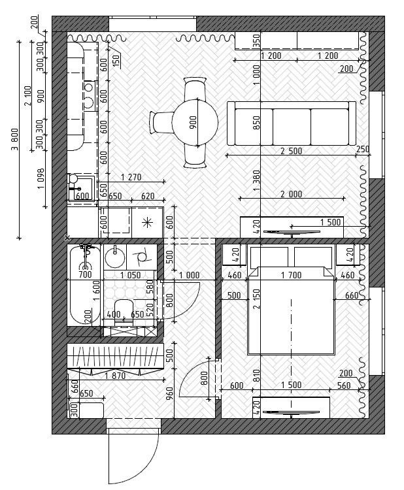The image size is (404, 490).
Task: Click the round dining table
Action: coord(195,122)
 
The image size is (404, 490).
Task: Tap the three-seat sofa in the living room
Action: coord(292,123)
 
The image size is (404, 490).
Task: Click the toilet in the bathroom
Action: coord(124,309)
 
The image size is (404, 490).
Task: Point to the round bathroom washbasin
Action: coord(115,257)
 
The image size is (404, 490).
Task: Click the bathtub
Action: coord(85,286)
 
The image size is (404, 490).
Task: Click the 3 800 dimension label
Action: coord(14,139)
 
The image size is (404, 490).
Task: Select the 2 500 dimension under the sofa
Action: coord(291,151)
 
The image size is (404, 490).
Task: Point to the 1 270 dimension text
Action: coord(131,177)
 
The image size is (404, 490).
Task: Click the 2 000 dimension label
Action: coord(291,194)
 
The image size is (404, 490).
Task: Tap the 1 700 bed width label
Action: coord(291,275)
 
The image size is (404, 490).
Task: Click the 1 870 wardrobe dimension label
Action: coord(115,376)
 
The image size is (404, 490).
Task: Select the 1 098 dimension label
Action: coord(41,179)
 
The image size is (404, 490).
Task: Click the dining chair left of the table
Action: coord(161,123)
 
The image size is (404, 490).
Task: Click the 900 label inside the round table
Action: coord(194,122)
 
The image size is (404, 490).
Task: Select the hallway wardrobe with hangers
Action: coord(115,359)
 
